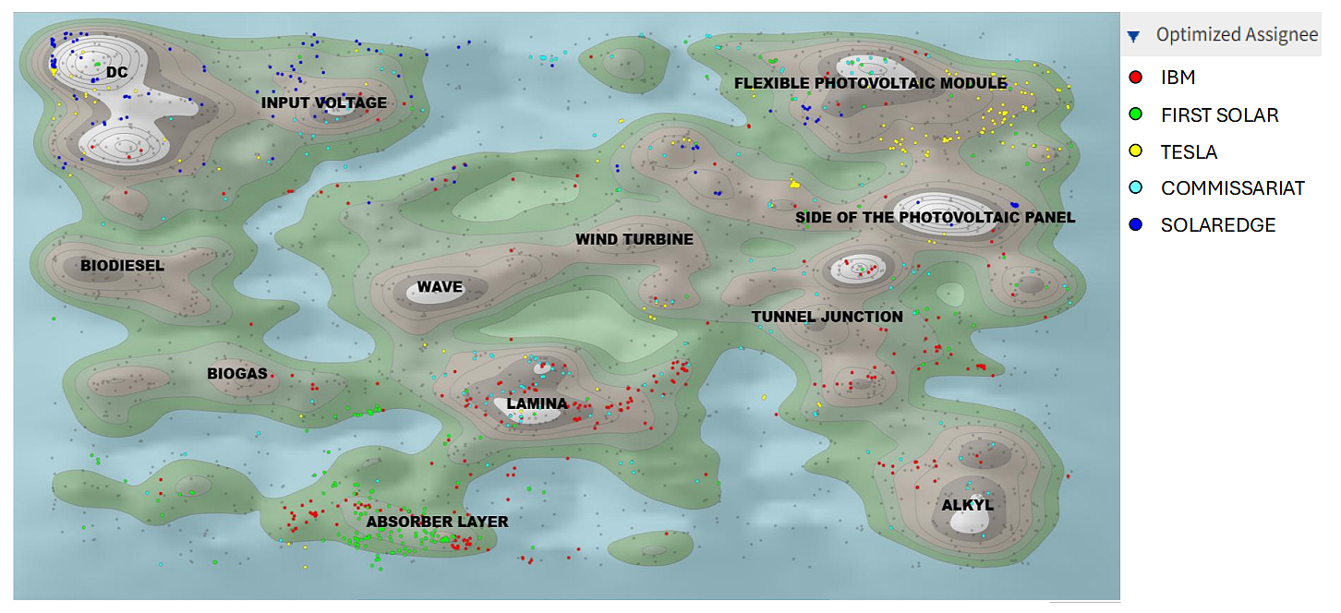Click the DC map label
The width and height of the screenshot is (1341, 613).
tap(116, 72)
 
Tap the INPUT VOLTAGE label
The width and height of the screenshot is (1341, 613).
tap(323, 102)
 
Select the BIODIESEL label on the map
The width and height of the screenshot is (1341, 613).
tap(122, 266)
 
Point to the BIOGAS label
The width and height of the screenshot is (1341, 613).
tap(237, 374)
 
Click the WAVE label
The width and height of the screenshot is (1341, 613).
tap(440, 287)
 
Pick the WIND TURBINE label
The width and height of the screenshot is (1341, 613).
tap(634, 239)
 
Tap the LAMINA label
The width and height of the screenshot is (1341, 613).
tap(537, 403)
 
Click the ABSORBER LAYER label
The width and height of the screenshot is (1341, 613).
tap(437, 522)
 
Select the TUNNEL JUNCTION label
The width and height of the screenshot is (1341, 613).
tap(827, 317)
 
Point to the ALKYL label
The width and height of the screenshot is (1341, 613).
tap(967, 505)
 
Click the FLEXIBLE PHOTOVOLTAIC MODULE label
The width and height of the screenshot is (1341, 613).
tap(870, 83)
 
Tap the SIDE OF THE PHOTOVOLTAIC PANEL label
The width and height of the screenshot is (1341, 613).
tap(935, 218)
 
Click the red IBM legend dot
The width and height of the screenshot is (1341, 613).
tap(1136, 78)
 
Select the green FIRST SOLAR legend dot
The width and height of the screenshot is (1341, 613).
tap(1136, 114)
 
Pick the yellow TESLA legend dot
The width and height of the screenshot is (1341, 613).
tap(1136, 151)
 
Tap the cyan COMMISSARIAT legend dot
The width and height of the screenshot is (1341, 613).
tap(1136, 188)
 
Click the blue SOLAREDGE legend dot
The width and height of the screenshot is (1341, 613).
tap(1136, 225)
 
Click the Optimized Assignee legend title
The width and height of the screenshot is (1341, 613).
tap(1237, 35)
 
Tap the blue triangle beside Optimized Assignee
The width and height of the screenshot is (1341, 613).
tap(1133, 37)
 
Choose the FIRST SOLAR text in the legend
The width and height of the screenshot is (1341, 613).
tap(1219, 115)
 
